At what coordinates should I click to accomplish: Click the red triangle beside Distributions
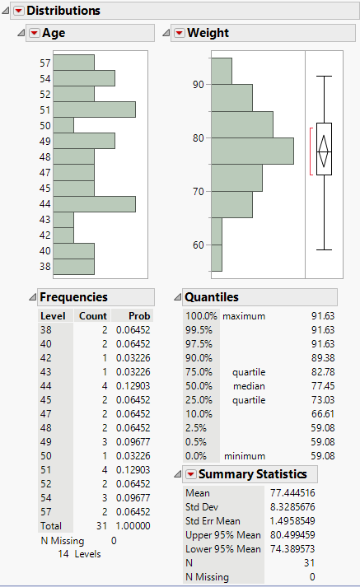click(18, 11)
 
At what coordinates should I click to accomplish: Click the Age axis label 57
click(44, 63)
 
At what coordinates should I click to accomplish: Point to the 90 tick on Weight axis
click(198, 84)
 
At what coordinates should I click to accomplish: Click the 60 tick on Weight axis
click(198, 245)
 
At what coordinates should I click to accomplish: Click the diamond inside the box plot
click(324, 149)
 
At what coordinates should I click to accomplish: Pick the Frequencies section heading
click(73, 296)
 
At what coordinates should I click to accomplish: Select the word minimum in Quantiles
click(245, 455)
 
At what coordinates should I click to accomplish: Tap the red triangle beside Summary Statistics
click(190, 474)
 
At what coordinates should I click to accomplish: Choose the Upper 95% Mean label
click(222, 535)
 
